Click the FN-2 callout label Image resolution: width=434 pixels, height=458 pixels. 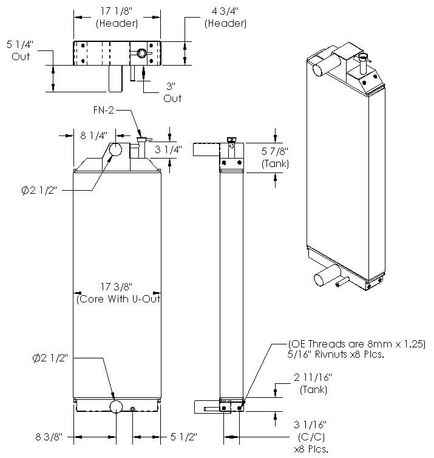(x=104, y=110)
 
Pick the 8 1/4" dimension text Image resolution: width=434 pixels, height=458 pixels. (x=93, y=135)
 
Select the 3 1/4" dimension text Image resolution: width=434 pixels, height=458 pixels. (x=168, y=149)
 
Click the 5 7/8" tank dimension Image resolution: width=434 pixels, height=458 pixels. (x=275, y=157)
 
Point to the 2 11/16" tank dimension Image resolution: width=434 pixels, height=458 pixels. (x=313, y=383)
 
